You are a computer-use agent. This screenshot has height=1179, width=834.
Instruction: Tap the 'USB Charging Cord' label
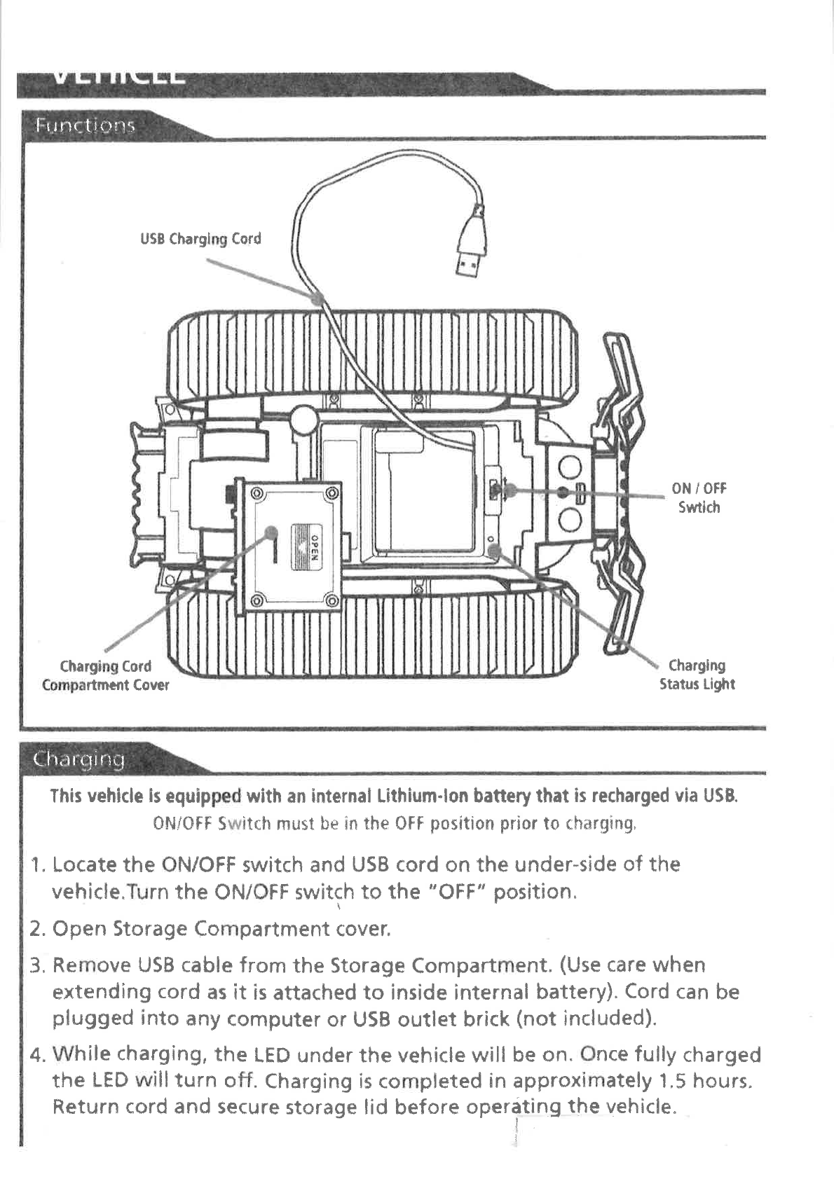(x=200, y=239)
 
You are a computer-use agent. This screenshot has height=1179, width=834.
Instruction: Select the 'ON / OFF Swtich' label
(x=699, y=498)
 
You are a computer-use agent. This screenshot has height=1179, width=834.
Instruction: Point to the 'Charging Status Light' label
(x=697, y=675)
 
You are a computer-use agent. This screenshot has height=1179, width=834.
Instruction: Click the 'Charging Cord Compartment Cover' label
(x=106, y=675)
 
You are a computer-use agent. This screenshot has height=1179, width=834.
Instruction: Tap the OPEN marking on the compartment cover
(x=315, y=547)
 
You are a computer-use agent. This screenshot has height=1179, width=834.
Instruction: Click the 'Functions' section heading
(x=85, y=126)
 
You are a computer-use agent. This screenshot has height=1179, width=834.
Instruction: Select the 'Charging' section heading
(x=79, y=759)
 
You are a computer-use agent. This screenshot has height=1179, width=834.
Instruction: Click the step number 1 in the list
(x=36, y=865)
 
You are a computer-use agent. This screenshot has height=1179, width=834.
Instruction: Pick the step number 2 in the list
(x=36, y=930)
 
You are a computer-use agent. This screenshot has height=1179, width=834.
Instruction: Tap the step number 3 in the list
(x=36, y=966)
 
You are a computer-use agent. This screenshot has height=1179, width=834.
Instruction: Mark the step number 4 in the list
(x=36, y=1054)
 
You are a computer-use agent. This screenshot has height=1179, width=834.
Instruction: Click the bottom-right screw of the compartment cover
(x=332, y=600)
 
